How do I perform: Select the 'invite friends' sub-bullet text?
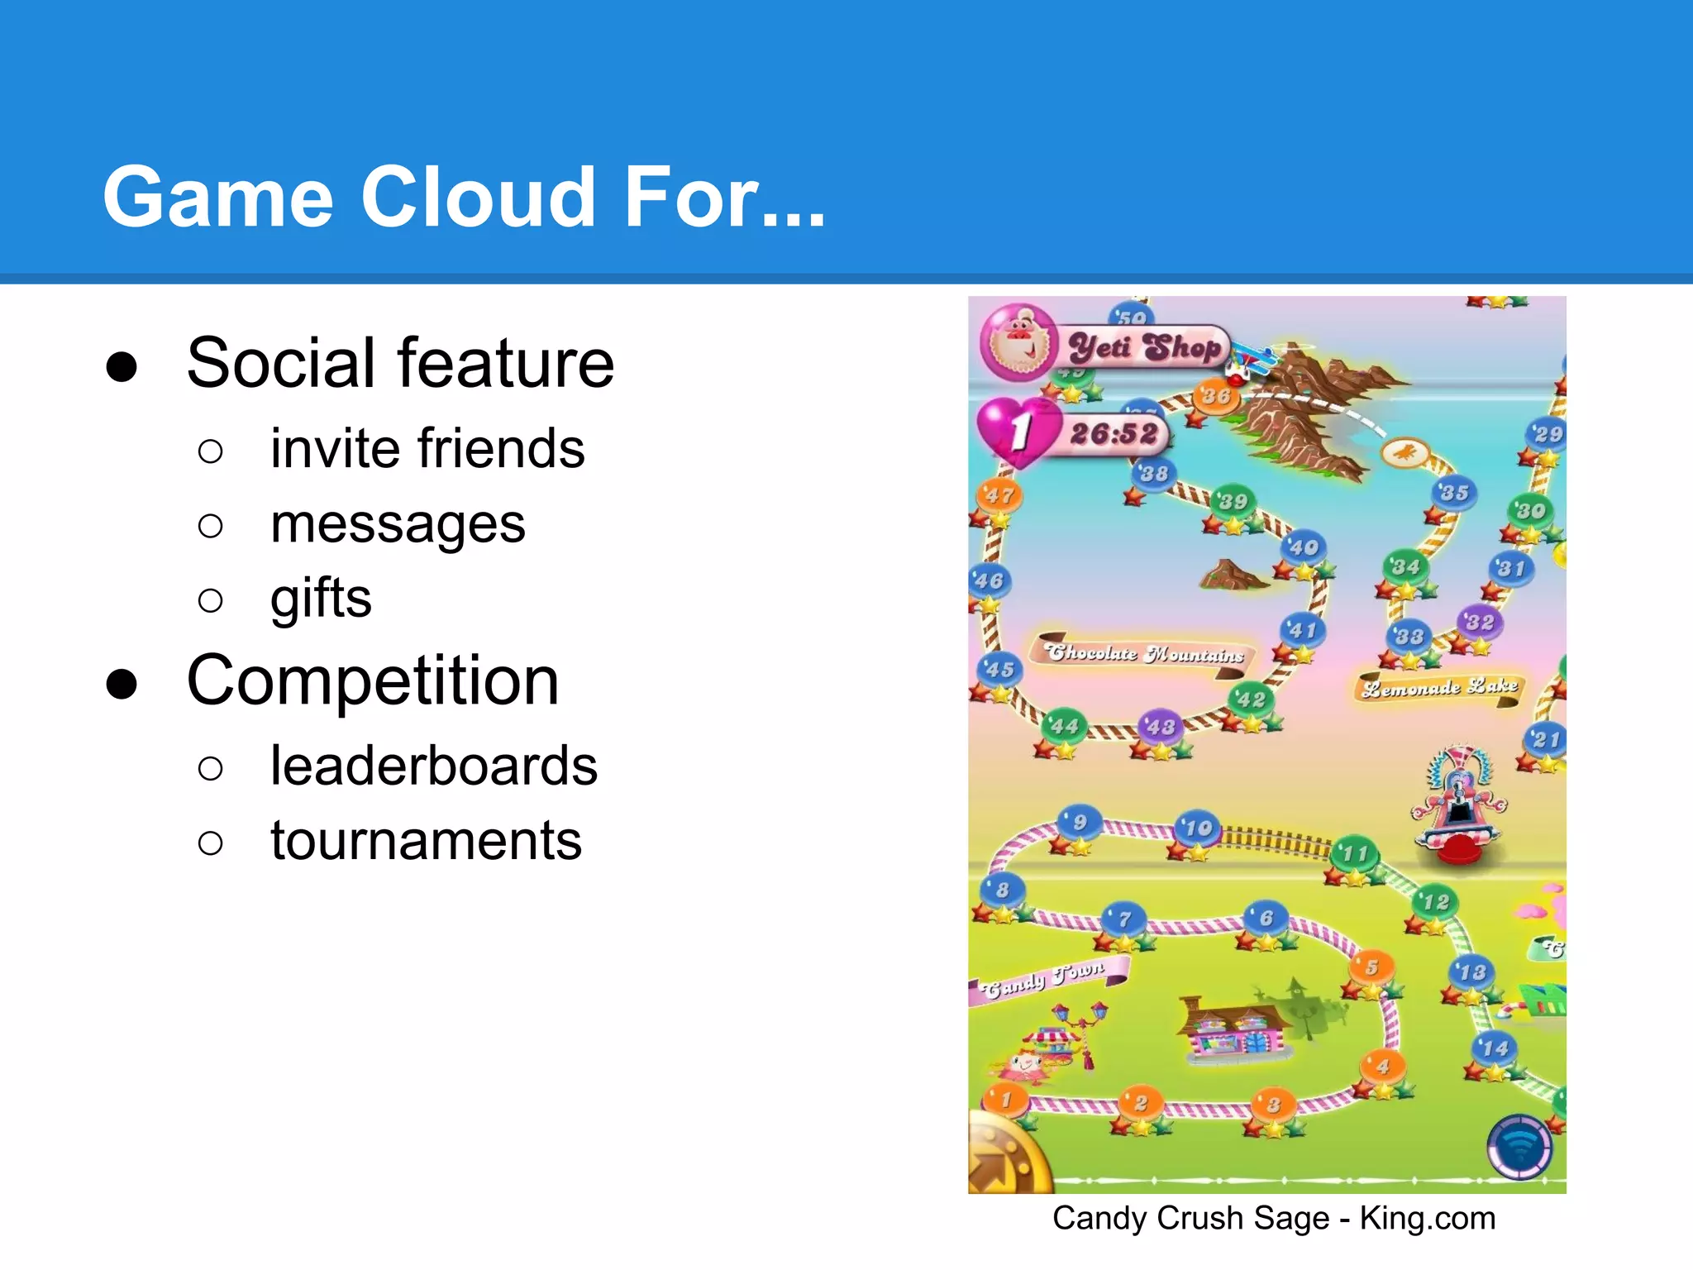point(427,449)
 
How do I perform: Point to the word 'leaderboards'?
point(433,766)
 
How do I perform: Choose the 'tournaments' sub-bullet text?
point(426,841)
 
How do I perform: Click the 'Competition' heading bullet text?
point(373,681)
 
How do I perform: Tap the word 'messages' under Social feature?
point(398,524)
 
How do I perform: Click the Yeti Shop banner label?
point(1144,347)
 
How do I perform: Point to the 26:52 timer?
point(1114,433)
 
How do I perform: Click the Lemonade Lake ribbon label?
point(1439,687)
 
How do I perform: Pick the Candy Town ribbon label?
point(1045,976)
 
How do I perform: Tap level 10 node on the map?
point(1198,828)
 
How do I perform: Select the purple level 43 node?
point(1161,727)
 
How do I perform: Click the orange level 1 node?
point(1006,1100)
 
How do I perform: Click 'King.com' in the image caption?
point(1428,1219)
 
